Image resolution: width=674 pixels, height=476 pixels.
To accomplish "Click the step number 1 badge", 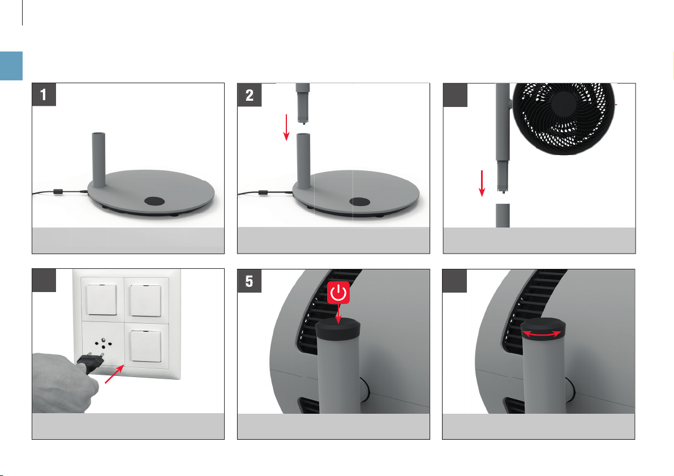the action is point(44,95).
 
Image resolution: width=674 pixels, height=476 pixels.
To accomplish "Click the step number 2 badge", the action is point(250,95).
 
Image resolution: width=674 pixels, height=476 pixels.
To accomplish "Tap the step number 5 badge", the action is point(250,281).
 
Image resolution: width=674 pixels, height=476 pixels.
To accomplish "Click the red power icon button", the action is point(339,293).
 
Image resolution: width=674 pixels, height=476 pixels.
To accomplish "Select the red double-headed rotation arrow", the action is point(542,333).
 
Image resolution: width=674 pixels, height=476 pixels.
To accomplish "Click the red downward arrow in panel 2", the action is point(286,127).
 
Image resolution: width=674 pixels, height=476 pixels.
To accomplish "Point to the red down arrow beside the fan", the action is point(482,183).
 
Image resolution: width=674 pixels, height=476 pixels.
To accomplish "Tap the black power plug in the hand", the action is point(91,363).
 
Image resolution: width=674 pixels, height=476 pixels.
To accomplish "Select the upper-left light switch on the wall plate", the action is point(102,299).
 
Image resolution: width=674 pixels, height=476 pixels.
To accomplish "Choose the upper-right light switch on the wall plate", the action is point(146,300).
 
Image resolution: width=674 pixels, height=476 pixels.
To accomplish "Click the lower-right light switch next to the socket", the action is point(146,346).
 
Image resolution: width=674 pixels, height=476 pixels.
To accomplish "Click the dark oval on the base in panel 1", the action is point(154,201).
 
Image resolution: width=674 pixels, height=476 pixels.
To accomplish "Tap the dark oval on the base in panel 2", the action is point(360,201).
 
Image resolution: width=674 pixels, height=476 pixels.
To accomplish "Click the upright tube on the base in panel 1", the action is point(99,160).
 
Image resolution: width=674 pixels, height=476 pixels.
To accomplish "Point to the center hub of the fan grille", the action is point(564,105).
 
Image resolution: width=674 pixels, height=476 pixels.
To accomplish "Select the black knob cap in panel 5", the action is point(338,329).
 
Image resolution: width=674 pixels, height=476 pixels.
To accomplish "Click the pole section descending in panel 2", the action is point(303,104).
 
